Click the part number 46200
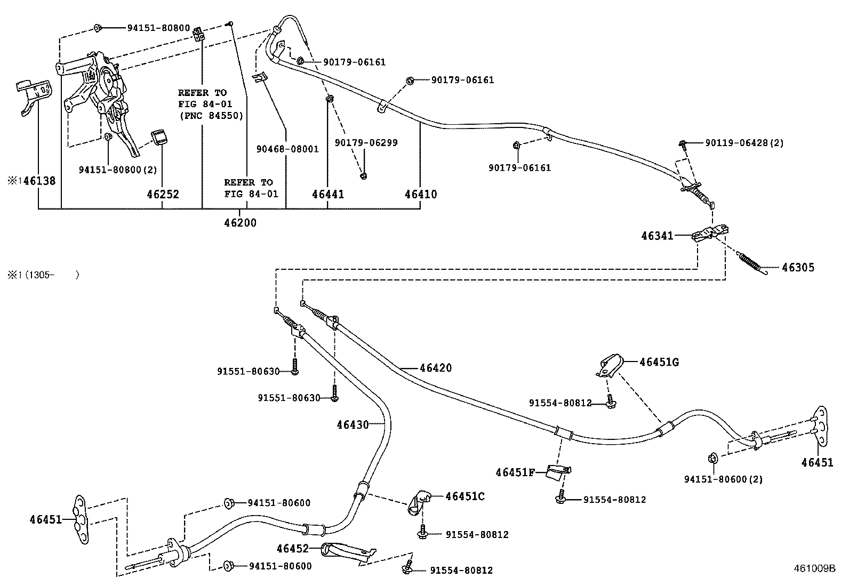241,222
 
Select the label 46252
163,194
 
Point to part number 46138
39,181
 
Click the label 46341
657,236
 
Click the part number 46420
436,368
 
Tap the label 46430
353,424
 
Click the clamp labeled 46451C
419,502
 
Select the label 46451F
515,472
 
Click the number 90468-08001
287,149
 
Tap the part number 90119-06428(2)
744,143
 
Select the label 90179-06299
366,142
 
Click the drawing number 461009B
814,568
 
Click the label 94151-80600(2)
723,479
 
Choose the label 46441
328,194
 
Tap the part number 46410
421,194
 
